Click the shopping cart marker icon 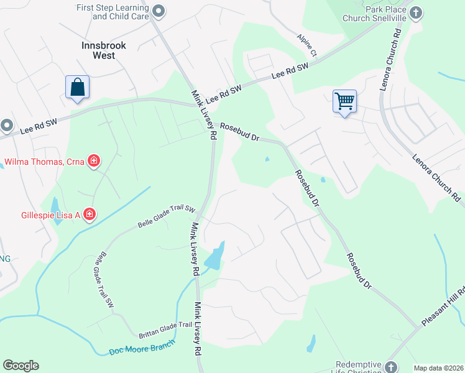pos(344,100)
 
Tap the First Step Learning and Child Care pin pos(159,11)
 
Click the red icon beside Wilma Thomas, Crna pos(93,162)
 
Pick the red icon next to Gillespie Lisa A pos(90,215)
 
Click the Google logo pos(21,366)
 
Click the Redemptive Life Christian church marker pos(390,367)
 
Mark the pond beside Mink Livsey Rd pos(214,256)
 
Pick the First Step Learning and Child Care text pos(113,12)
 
